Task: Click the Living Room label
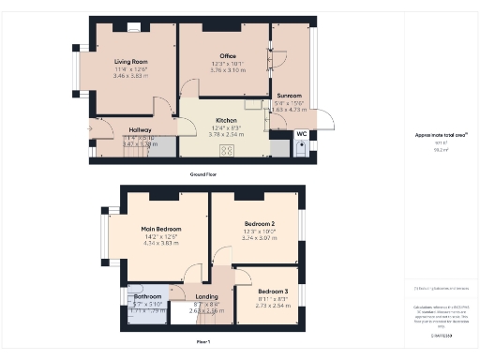click(x=131, y=61)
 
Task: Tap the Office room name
click(x=228, y=56)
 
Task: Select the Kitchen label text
click(x=226, y=121)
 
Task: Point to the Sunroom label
click(x=289, y=96)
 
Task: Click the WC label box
click(x=301, y=135)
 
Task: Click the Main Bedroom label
click(x=161, y=229)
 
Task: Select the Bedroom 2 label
click(x=260, y=225)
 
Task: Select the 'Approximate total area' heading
click(x=442, y=135)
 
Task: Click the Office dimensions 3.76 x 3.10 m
click(x=228, y=70)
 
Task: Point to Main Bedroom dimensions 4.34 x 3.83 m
click(x=161, y=243)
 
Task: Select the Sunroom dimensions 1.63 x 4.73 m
click(x=289, y=110)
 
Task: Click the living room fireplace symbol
click(x=135, y=28)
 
